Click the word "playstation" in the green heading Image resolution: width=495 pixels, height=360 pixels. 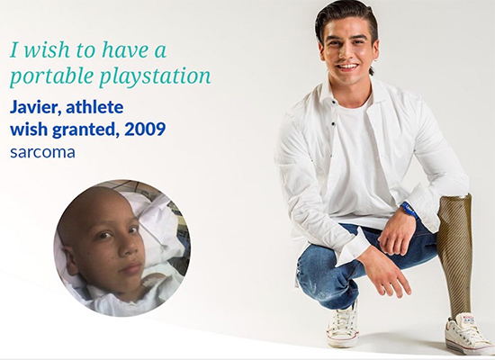pyautogui.click(x=155, y=76)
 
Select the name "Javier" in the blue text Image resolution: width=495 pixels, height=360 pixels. pyautogui.click(x=35, y=108)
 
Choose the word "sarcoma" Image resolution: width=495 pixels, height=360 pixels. pyautogui.click(x=42, y=152)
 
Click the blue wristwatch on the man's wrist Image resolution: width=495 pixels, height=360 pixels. pyautogui.click(x=409, y=211)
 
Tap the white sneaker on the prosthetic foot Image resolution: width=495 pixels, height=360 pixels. pyautogui.click(x=467, y=332)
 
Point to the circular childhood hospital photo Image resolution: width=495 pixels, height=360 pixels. pyautogui.click(x=121, y=247)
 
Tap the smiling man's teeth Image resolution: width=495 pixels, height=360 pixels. pyautogui.click(x=347, y=67)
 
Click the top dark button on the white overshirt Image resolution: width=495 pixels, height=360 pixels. pyautogui.click(x=333, y=102)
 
